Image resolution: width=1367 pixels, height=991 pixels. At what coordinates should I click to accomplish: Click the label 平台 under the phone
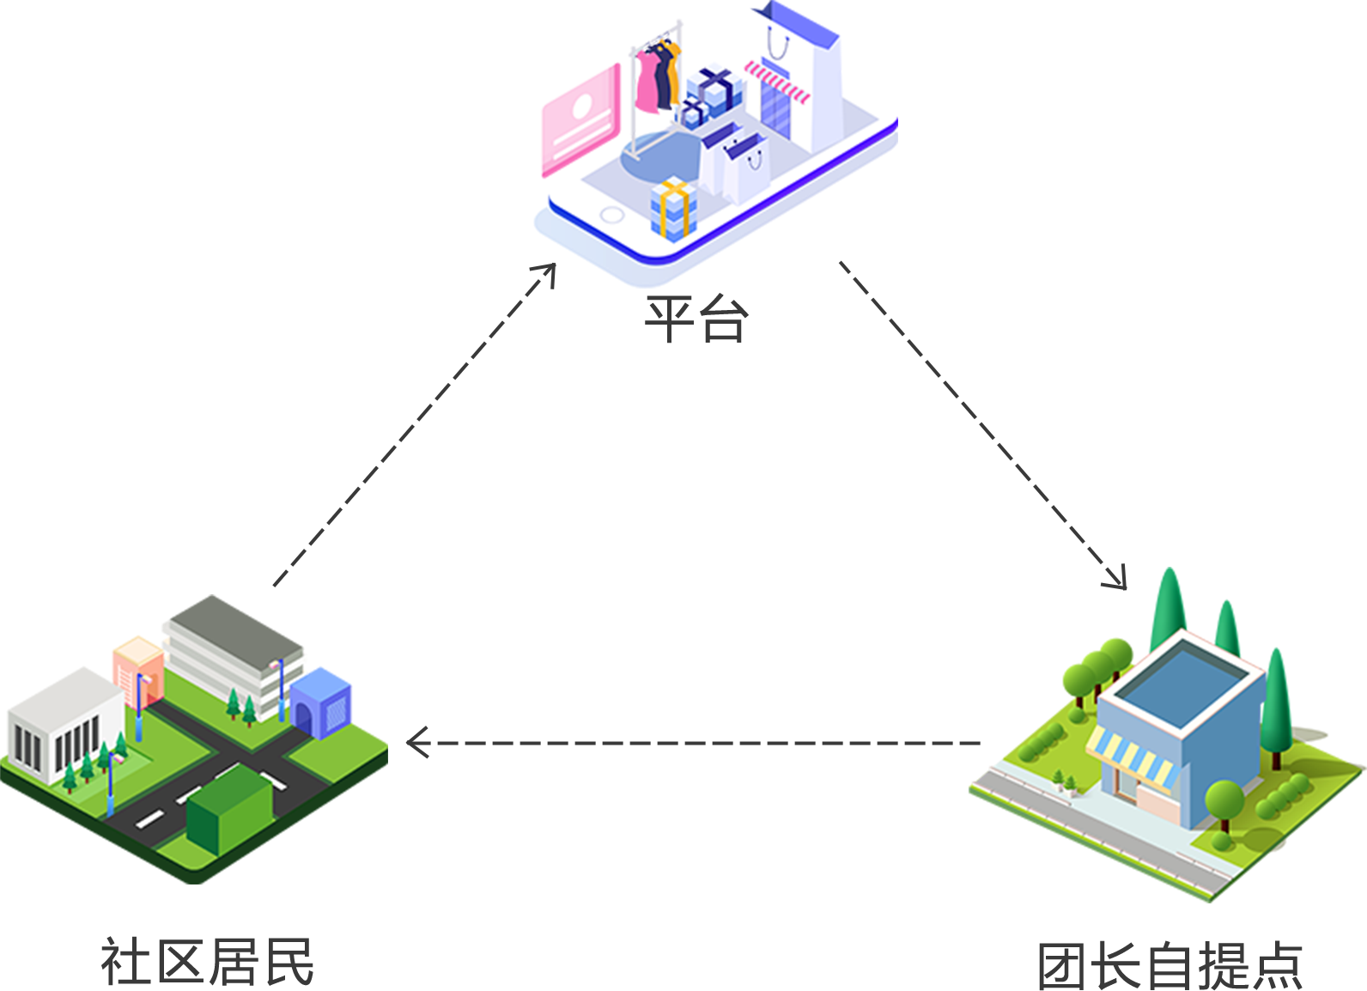(x=696, y=319)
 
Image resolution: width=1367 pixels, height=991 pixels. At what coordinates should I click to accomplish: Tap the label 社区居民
(x=208, y=962)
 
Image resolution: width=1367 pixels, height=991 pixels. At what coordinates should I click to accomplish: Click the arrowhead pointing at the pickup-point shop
(x=1118, y=581)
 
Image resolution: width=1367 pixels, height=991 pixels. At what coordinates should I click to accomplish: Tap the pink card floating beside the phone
(x=574, y=116)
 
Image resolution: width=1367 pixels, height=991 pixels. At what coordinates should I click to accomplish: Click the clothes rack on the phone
(x=657, y=82)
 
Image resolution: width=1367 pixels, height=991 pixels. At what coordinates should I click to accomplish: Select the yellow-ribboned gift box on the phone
(x=672, y=209)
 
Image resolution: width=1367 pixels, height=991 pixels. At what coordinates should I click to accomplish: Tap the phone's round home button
(x=612, y=214)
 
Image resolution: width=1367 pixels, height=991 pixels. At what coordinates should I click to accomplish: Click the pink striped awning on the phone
(x=777, y=82)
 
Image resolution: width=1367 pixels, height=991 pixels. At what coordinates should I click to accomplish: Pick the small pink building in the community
(x=137, y=670)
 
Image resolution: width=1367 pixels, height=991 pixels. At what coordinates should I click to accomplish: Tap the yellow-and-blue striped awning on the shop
(x=1132, y=757)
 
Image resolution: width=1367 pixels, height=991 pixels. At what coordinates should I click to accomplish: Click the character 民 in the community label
(x=289, y=962)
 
